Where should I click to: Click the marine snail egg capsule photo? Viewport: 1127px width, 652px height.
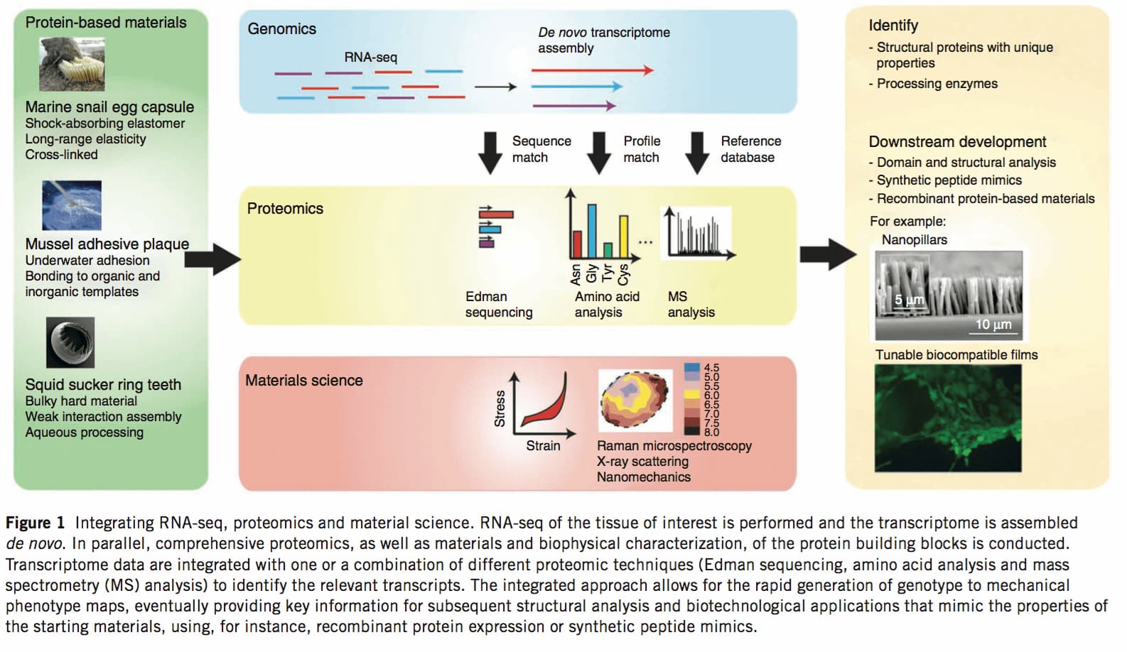pos(72,65)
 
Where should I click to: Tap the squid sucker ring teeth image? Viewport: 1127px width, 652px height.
pos(70,342)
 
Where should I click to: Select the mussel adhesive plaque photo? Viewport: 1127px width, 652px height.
pos(72,205)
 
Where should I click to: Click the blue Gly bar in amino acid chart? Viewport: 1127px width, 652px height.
pos(592,232)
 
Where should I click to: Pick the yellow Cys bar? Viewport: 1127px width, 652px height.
pos(623,237)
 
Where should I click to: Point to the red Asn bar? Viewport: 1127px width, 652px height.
pos(577,244)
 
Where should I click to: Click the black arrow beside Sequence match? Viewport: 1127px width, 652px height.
pos(490,153)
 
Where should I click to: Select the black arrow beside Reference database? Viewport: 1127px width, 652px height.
pos(697,153)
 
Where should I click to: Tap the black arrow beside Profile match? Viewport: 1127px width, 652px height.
pos(599,153)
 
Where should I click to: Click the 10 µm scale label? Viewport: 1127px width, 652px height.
pos(993,325)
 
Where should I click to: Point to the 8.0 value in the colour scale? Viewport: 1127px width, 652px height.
pos(711,432)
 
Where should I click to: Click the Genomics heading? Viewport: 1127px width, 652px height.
pos(281,29)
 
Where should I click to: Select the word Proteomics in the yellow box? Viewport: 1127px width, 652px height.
pos(285,209)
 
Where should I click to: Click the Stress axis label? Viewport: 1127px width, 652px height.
pos(500,408)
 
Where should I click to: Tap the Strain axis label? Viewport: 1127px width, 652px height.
pos(543,446)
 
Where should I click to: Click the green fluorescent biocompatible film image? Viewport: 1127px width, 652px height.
pos(949,418)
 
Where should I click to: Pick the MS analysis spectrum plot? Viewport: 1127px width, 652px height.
pos(699,233)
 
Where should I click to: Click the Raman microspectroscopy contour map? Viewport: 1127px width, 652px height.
pos(635,401)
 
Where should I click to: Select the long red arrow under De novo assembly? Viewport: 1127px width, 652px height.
pos(593,70)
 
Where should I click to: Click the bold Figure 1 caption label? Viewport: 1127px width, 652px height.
pos(36,523)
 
